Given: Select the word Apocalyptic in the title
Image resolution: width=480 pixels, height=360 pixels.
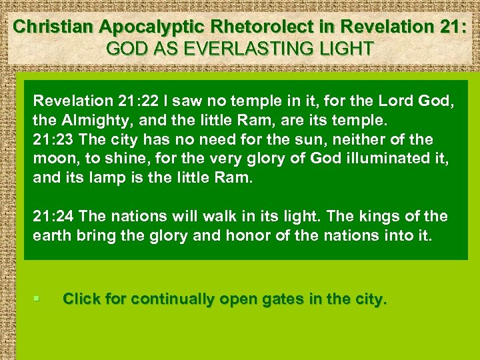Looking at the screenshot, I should click(x=137, y=27).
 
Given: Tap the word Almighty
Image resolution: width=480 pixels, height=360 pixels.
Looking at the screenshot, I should click(x=87, y=121).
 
